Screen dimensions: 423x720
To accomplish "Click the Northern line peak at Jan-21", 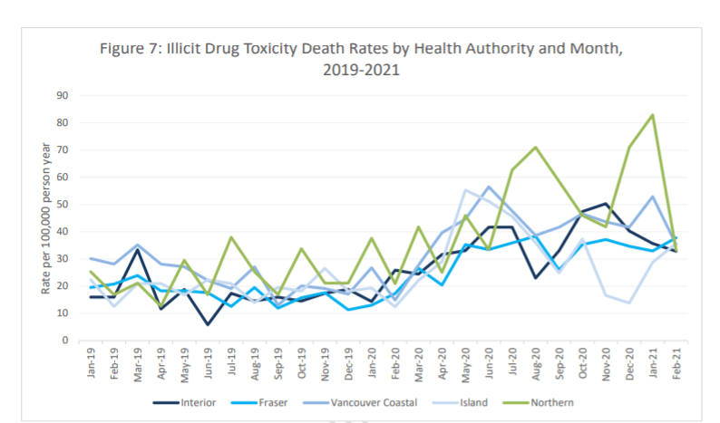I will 651,115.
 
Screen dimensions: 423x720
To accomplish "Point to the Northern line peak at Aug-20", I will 536,147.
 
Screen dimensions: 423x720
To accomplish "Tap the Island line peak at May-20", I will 465,190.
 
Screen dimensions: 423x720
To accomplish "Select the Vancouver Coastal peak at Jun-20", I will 489,187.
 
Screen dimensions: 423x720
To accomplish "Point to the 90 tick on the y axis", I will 63,95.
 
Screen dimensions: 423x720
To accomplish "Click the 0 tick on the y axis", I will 66,341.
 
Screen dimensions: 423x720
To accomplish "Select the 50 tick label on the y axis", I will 63,205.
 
